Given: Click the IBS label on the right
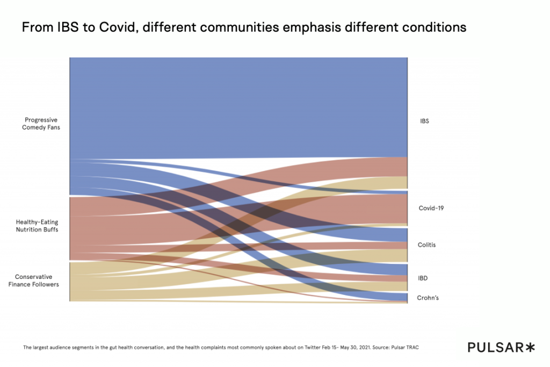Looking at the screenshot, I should pos(424,121).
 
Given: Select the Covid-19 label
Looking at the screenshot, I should pos(431,208).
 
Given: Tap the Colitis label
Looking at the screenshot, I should pos(426,245).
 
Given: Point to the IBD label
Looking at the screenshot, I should pos(423,278).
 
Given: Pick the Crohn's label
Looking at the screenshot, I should pos(428,298).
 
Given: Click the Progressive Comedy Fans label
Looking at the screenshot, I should pos(41,124).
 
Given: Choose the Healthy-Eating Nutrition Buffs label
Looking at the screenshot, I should pos(37,226).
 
